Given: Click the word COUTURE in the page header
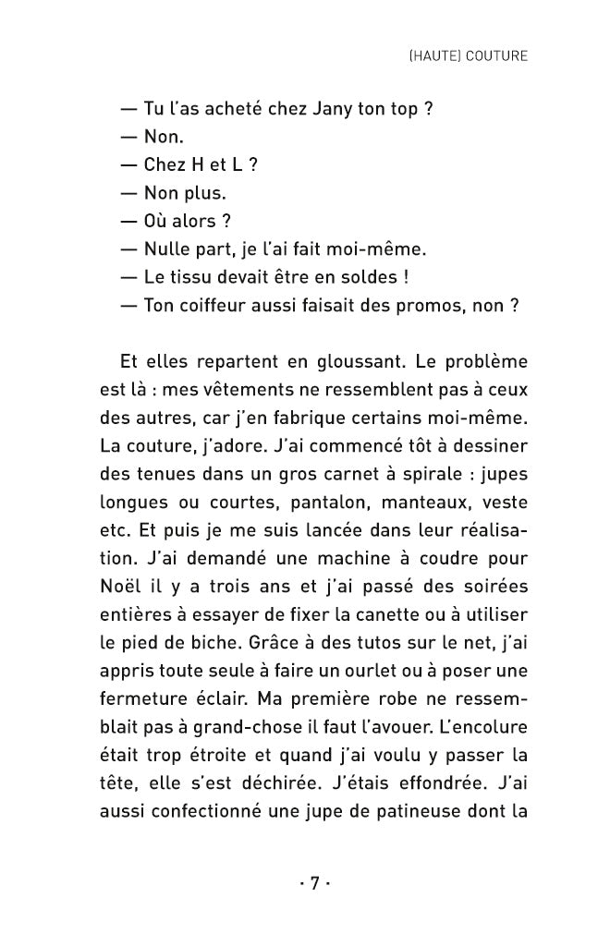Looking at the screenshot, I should click(x=497, y=55).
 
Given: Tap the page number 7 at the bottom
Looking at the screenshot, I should click(x=313, y=884).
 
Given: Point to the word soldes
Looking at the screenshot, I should click(x=363, y=276).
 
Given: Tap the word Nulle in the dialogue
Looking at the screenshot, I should click(x=166, y=249).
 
